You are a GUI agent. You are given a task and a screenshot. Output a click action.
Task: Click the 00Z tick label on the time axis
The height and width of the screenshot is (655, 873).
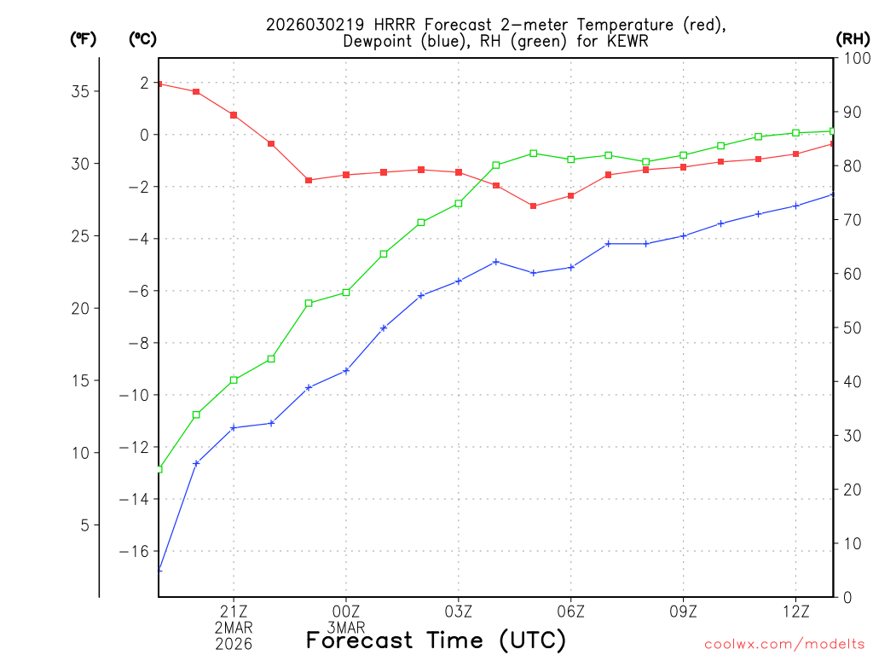tap(346, 611)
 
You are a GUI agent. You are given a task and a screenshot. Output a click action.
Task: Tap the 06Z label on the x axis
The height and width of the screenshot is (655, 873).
tap(571, 611)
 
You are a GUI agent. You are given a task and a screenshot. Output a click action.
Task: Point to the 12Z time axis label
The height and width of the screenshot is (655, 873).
tap(795, 611)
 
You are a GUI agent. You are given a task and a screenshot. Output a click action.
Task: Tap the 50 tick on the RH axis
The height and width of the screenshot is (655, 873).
tap(849, 327)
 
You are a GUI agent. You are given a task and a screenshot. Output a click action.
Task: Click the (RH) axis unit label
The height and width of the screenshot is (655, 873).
tap(853, 38)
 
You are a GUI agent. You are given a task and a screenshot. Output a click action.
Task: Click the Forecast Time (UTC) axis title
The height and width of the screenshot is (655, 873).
tap(436, 640)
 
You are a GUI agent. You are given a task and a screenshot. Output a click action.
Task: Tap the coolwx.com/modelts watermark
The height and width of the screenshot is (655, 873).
tap(784, 644)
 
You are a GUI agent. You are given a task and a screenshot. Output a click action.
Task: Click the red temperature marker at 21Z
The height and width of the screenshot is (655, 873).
tap(234, 115)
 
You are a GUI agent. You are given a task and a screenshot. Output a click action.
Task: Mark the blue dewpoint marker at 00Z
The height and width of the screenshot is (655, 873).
tap(346, 370)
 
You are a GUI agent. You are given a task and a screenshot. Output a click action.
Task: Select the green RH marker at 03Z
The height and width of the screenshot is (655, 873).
tap(459, 203)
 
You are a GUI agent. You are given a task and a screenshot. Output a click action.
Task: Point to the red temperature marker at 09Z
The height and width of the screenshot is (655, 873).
tap(684, 166)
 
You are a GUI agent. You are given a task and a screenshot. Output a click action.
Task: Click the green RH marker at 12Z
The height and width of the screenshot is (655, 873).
tap(795, 132)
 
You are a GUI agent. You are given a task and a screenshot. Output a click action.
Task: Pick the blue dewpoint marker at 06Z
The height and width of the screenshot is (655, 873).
tap(571, 267)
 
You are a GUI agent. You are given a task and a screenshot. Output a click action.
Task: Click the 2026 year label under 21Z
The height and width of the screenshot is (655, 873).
tap(234, 644)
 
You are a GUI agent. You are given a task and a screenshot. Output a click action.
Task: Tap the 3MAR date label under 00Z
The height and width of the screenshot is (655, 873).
tap(346, 627)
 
